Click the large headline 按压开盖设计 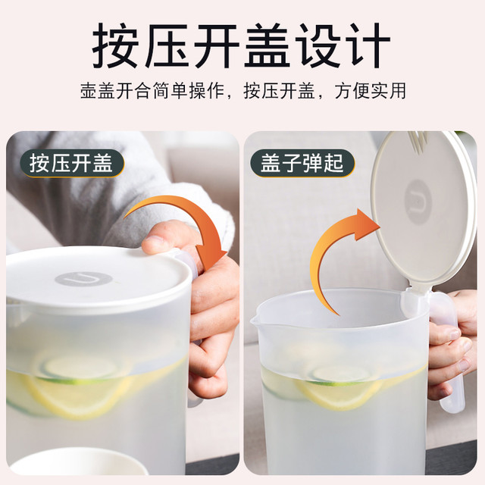241,45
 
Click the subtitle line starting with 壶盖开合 243,91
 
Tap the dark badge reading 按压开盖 72,164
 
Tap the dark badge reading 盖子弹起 302,164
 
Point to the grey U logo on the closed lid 83,279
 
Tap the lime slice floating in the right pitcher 340,376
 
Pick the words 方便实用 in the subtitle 371,91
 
